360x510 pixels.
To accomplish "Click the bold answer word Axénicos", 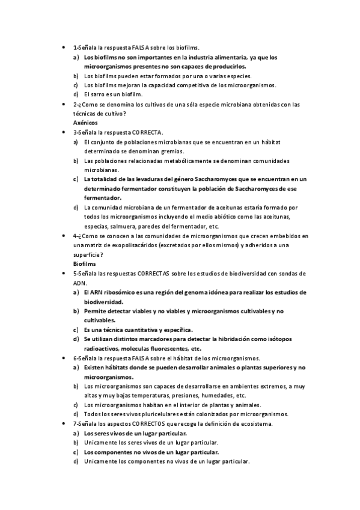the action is point(85,123).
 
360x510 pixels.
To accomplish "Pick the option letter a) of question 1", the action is point(76,57).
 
